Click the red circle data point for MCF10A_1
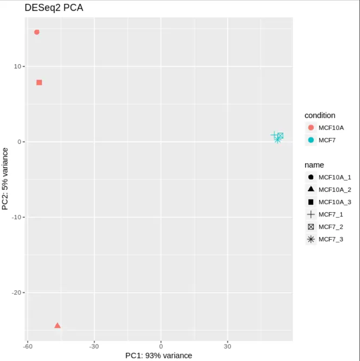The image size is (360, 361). (x=37, y=32)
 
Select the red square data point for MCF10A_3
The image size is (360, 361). (x=39, y=82)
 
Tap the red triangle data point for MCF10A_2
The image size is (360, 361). (x=57, y=326)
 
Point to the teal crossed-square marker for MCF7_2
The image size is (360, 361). (x=280, y=136)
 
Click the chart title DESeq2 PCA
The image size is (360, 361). (x=54, y=8)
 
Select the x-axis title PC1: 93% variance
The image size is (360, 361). (x=159, y=355)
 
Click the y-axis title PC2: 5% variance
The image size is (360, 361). (x=5, y=178)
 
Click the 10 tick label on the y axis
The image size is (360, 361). (x=18, y=66)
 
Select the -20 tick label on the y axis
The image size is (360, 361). (x=16, y=293)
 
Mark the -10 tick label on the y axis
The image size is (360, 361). (x=16, y=217)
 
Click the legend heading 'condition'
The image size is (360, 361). (x=320, y=115)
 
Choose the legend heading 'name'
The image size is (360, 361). (x=314, y=165)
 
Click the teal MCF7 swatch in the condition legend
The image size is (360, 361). (x=311, y=140)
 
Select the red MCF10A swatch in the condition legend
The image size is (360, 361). (x=311, y=128)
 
